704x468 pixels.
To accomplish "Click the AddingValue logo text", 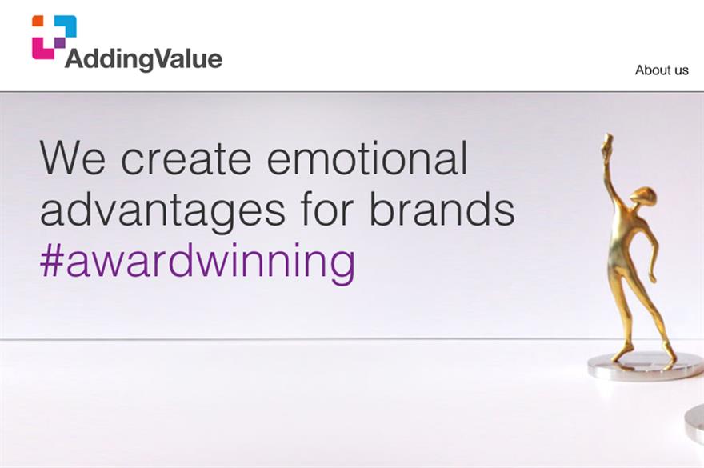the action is click(143, 59).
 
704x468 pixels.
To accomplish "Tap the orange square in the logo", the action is click(38, 21).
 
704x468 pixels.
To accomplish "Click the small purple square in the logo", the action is click(60, 42).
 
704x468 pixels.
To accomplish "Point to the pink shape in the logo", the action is click(42, 48).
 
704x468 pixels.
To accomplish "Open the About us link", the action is click(662, 70).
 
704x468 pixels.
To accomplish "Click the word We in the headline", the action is click(72, 158).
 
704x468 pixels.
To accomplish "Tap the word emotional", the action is click(367, 157).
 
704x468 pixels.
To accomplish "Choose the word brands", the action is click(442, 208).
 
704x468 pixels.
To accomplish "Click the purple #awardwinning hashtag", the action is click(198, 262).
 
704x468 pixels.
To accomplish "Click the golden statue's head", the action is click(642, 198).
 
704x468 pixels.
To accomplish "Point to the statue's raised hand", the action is click(607, 143).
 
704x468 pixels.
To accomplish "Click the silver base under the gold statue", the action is click(645, 366).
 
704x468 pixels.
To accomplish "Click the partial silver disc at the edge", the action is click(694, 422).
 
